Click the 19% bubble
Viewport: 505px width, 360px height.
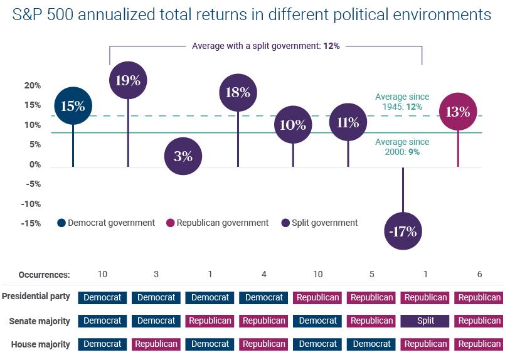pos(128,80)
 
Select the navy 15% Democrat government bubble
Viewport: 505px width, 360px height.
pos(73,106)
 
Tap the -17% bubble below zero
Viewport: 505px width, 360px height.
pos(403,231)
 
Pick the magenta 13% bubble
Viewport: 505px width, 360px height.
pos(458,112)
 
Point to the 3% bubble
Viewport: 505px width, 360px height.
pos(183,156)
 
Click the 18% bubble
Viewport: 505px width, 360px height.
pos(238,93)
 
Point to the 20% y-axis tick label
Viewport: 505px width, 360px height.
pos(33,85)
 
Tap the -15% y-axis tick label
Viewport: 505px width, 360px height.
pos(31,223)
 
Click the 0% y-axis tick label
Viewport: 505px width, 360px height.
pos(35,164)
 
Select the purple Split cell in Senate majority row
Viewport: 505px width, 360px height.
pos(425,320)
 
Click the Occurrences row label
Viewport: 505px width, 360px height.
pos(44,274)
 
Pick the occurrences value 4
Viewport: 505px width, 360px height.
pos(264,274)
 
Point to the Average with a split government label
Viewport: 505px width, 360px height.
pos(265,46)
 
